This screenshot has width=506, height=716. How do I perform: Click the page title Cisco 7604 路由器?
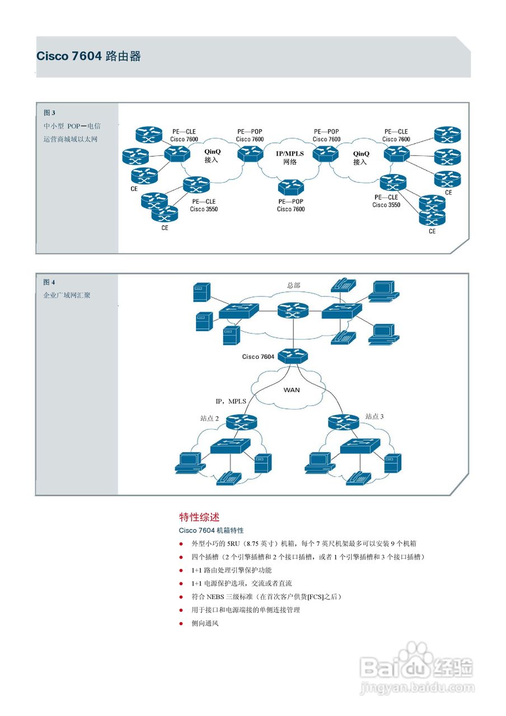click(88, 56)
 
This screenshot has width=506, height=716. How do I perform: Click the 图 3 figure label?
click(49, 112)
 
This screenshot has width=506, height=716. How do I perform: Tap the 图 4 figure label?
click(49, 282)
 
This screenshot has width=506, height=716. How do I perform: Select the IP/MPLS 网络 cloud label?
click(290, 157)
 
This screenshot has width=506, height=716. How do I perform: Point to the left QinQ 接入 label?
click(212, 156)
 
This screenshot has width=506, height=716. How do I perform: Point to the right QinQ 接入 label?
click(361, 157)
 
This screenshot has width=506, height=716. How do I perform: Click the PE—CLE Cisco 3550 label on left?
click(204, 205)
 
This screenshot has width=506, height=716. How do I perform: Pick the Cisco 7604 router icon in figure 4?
click(292, 356)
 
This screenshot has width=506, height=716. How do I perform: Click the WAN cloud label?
click(292, 390)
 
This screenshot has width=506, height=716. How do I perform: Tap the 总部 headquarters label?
click(293, 285)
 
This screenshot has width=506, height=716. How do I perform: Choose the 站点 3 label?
click(374, 416)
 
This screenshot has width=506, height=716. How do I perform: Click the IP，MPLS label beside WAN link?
click(231, 401)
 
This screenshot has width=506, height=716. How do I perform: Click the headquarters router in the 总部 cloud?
click(292, 311)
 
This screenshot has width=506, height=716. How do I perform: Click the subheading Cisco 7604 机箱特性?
click(211, 530)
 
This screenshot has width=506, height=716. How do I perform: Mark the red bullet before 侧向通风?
click(181, 623)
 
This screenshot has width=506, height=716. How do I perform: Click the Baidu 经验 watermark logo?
click(417, 667)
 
